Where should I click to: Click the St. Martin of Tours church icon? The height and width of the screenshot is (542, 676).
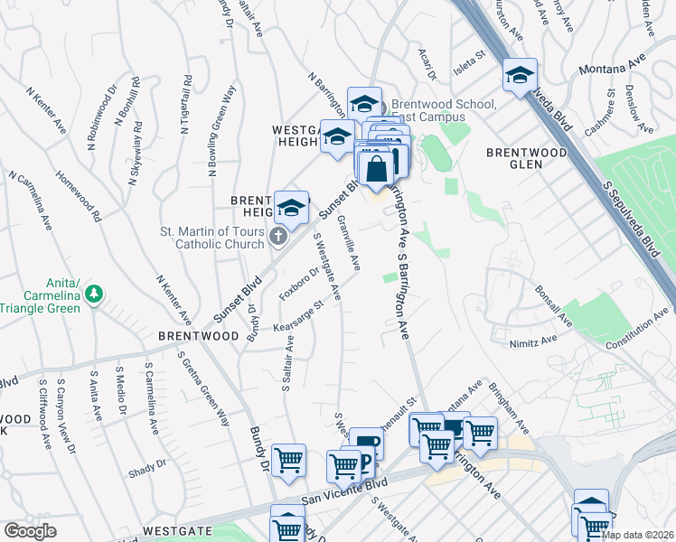(x=279, y=237)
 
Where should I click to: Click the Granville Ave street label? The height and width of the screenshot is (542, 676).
(x=348, y=243)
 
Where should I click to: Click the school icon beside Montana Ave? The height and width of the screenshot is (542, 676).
(x=521, y=76)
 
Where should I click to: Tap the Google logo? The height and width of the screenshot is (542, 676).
(x=31, y=531)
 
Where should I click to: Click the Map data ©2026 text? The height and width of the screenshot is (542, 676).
(x=637, y=535)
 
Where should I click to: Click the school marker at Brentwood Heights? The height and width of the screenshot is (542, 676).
(x=291, y=208)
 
